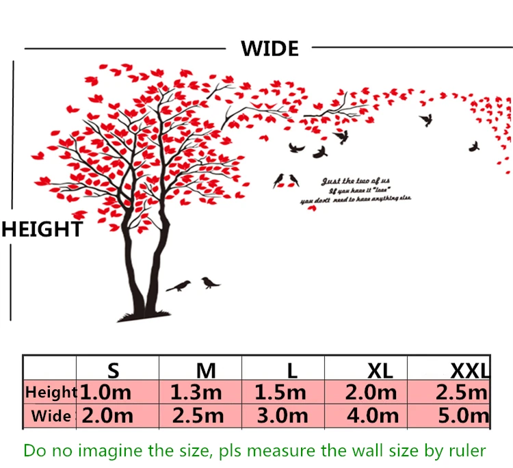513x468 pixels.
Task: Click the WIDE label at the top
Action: [269, 49]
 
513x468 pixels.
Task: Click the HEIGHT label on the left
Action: [42, 229]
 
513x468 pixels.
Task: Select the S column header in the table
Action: [114, 371]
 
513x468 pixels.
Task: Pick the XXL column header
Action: [470, 371]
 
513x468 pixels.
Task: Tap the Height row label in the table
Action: [51, 393]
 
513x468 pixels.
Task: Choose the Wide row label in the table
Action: [51, 415]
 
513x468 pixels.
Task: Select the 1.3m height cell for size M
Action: [196, 393]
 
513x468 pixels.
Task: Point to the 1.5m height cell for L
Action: [280, 393]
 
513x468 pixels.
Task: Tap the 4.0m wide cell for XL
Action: [372, 415]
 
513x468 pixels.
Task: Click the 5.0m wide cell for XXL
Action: [462, 415]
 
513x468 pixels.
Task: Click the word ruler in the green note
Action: [469, 450]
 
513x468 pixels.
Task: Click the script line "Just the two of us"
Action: [356, 181]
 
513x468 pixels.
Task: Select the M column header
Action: [206, 371]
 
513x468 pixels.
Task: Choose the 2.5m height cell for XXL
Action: [461, 393]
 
